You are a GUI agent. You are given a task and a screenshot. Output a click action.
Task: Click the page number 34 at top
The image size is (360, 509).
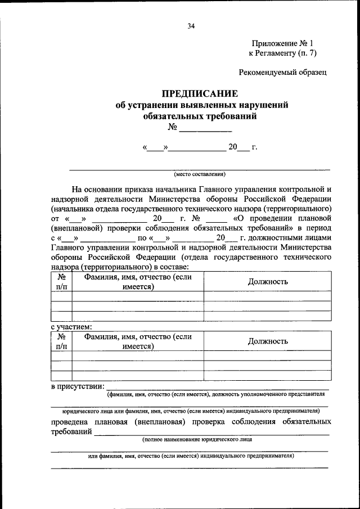click(x=191, y=25)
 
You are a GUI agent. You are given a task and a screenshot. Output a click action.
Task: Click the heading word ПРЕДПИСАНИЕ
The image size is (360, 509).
click(x=200, y=93)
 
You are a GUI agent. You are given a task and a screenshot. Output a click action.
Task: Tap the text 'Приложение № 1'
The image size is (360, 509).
click(x=282, y=43)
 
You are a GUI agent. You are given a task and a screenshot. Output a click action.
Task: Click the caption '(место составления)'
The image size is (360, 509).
click(x=200, y=174)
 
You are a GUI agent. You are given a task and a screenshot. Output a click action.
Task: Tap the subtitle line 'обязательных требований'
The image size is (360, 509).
click(x=200, y=116)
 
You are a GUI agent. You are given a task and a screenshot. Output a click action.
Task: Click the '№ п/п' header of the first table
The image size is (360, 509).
click(x=61, y=282)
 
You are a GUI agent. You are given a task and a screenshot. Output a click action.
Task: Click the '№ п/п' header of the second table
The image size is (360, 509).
click(x=61, y=341)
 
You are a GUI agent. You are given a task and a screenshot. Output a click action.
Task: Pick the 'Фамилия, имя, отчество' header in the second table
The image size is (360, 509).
click(x=138, y=341)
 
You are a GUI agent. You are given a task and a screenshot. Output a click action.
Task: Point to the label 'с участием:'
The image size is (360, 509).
click(x=71, y=326)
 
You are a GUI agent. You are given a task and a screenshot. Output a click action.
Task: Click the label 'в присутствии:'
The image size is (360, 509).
click(x=78, y=386)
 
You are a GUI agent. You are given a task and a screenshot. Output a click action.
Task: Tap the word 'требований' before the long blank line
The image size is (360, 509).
click(x=71, y=431)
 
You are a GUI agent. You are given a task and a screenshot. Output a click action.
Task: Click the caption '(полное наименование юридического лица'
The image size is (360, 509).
click(x=197, y=439)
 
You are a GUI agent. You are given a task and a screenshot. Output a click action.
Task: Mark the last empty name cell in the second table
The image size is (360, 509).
click(x=138, y=376)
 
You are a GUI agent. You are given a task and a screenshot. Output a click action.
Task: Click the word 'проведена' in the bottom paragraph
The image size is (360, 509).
click(x=71, y=421)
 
